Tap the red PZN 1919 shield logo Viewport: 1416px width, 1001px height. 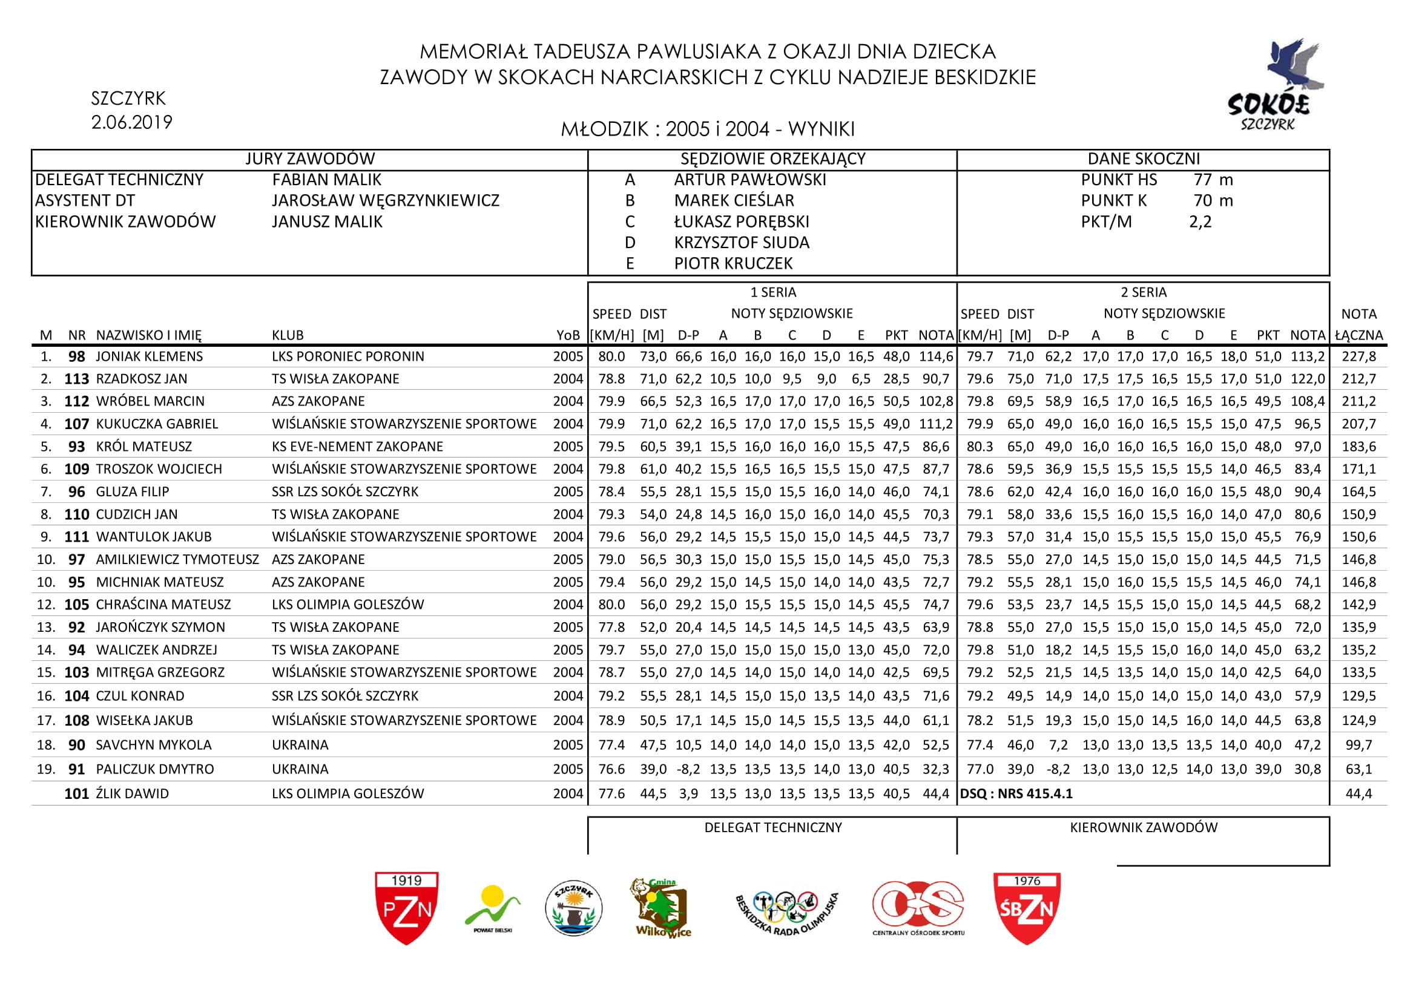[x=406, y=907]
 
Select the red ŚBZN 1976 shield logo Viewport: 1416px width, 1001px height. [x=1027, y=908]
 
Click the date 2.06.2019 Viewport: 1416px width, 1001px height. [x=131, y=123]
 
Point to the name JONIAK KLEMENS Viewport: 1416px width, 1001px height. [x=150, y=356]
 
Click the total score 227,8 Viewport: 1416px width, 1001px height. [x=1358, y=356]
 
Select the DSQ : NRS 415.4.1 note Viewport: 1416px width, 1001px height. [x=1016, y=793]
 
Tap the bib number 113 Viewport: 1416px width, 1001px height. [x=76, y=379]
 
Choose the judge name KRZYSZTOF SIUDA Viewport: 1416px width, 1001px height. [x=742, y=243]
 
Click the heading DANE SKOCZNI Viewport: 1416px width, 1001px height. [x=1144, y=159]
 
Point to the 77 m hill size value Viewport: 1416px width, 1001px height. [x=1213, y=180]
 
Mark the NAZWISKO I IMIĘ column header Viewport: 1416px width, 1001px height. [x=149, y=335]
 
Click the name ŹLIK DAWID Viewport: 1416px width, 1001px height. [x=132, y=793]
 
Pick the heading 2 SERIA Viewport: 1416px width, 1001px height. [x=1144, y=292]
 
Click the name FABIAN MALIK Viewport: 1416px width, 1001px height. [x=326, y=180]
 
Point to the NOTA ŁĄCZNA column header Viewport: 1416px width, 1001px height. [x=1358, y=325]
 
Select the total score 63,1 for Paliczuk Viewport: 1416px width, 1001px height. [x=1358, y=769]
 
